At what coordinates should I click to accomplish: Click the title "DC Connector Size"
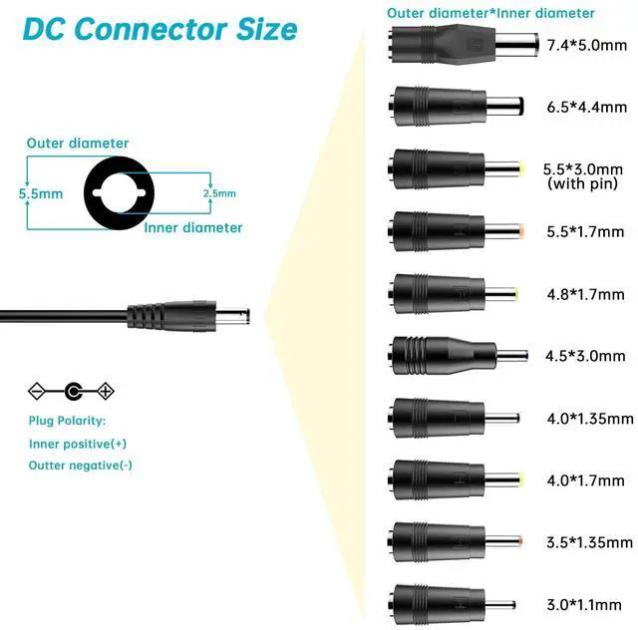click(160, 28)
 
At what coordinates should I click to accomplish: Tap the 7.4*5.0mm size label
click(588, 45)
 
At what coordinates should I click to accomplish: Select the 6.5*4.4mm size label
click(588, 107)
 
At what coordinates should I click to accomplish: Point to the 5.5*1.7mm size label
click(586, 232)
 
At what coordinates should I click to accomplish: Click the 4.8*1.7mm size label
click(586, 295)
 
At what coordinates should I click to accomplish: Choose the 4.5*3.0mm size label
click(586, 356)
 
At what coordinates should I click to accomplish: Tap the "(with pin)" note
click(585, 184)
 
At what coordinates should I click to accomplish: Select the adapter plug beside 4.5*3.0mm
click(455, 354)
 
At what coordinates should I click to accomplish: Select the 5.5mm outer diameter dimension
click(38, 195)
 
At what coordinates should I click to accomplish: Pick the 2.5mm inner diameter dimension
click(219, 193)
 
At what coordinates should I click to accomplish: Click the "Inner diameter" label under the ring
click(193, 228)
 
